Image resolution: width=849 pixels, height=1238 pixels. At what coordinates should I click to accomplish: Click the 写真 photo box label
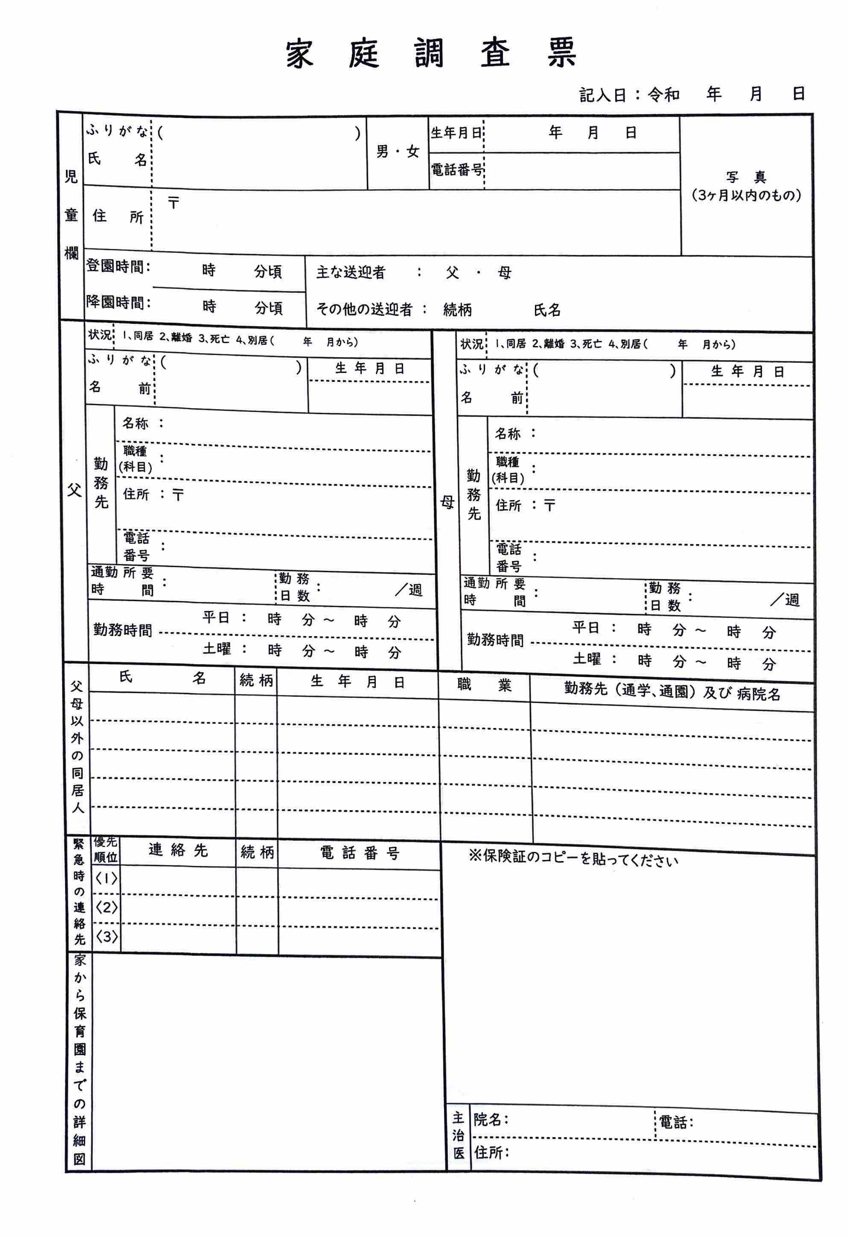(x=746, y=178)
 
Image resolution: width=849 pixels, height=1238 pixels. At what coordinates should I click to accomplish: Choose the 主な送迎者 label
(x=350, y=273)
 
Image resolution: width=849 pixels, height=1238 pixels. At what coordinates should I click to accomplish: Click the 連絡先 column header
(x=177, y=850)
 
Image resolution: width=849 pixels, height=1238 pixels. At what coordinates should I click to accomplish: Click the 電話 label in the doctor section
(x=675, y=1122)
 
